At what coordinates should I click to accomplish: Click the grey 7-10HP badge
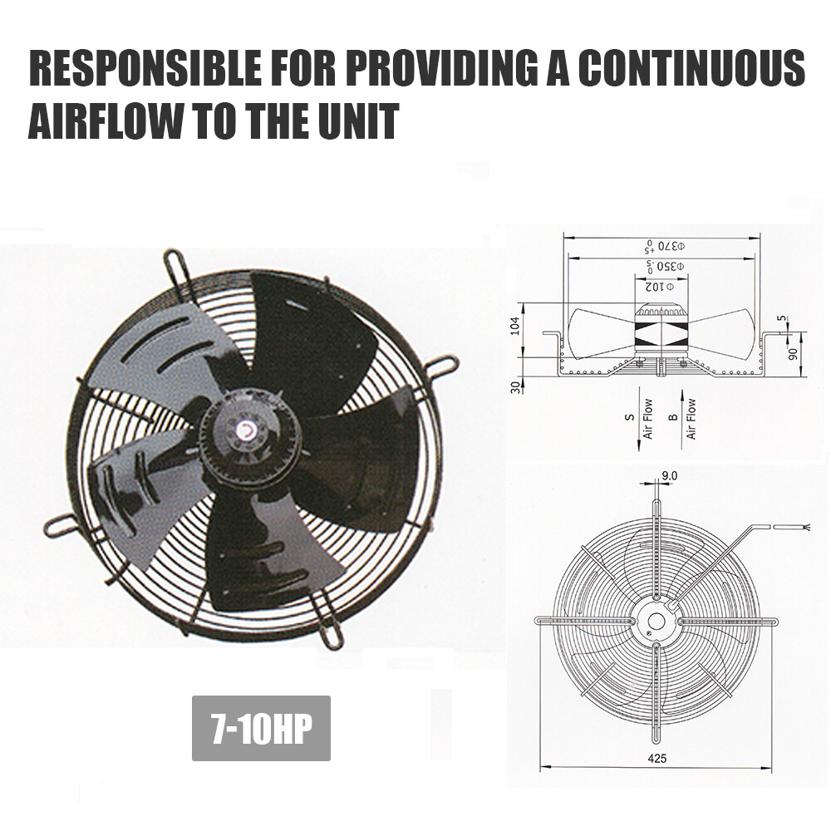pyautogui.click(x=261, y=728)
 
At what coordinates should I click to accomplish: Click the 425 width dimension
pyautogui.click(x=657, y=759)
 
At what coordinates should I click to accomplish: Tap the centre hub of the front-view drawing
pyautogui.click(x=656, y=621)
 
